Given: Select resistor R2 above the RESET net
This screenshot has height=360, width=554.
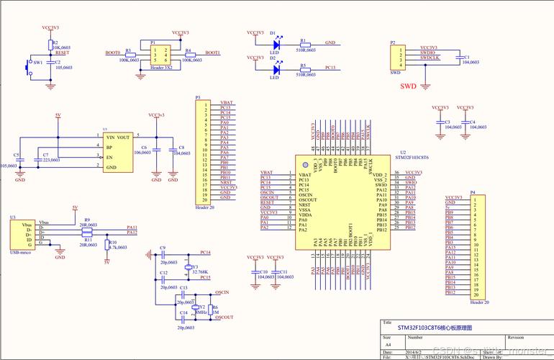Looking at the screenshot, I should pyautogui.click(x=50, y=44).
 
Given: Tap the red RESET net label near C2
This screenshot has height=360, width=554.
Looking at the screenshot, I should pyautogui.click(x=62, y=53).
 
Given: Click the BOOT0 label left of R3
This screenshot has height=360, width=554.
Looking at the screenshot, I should pyautogui.click(x=112, y=53).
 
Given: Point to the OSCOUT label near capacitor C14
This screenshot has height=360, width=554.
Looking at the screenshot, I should pyautogui.click(x=224, y=317).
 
